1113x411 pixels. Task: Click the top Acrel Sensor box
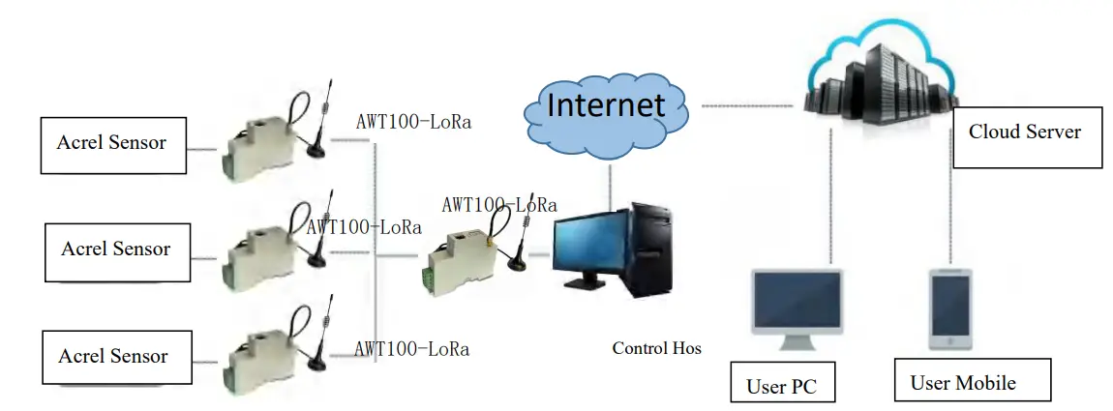point(112,145)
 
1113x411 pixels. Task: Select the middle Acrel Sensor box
point(117,251)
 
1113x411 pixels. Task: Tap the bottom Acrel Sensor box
point(114,357)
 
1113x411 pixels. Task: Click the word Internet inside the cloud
point(606,103)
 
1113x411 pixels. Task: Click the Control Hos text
point(656,347)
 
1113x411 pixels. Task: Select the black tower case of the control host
point(651,249)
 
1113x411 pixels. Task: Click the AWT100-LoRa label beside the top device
point(414,122)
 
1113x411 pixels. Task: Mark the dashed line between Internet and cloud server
point(744,104)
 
